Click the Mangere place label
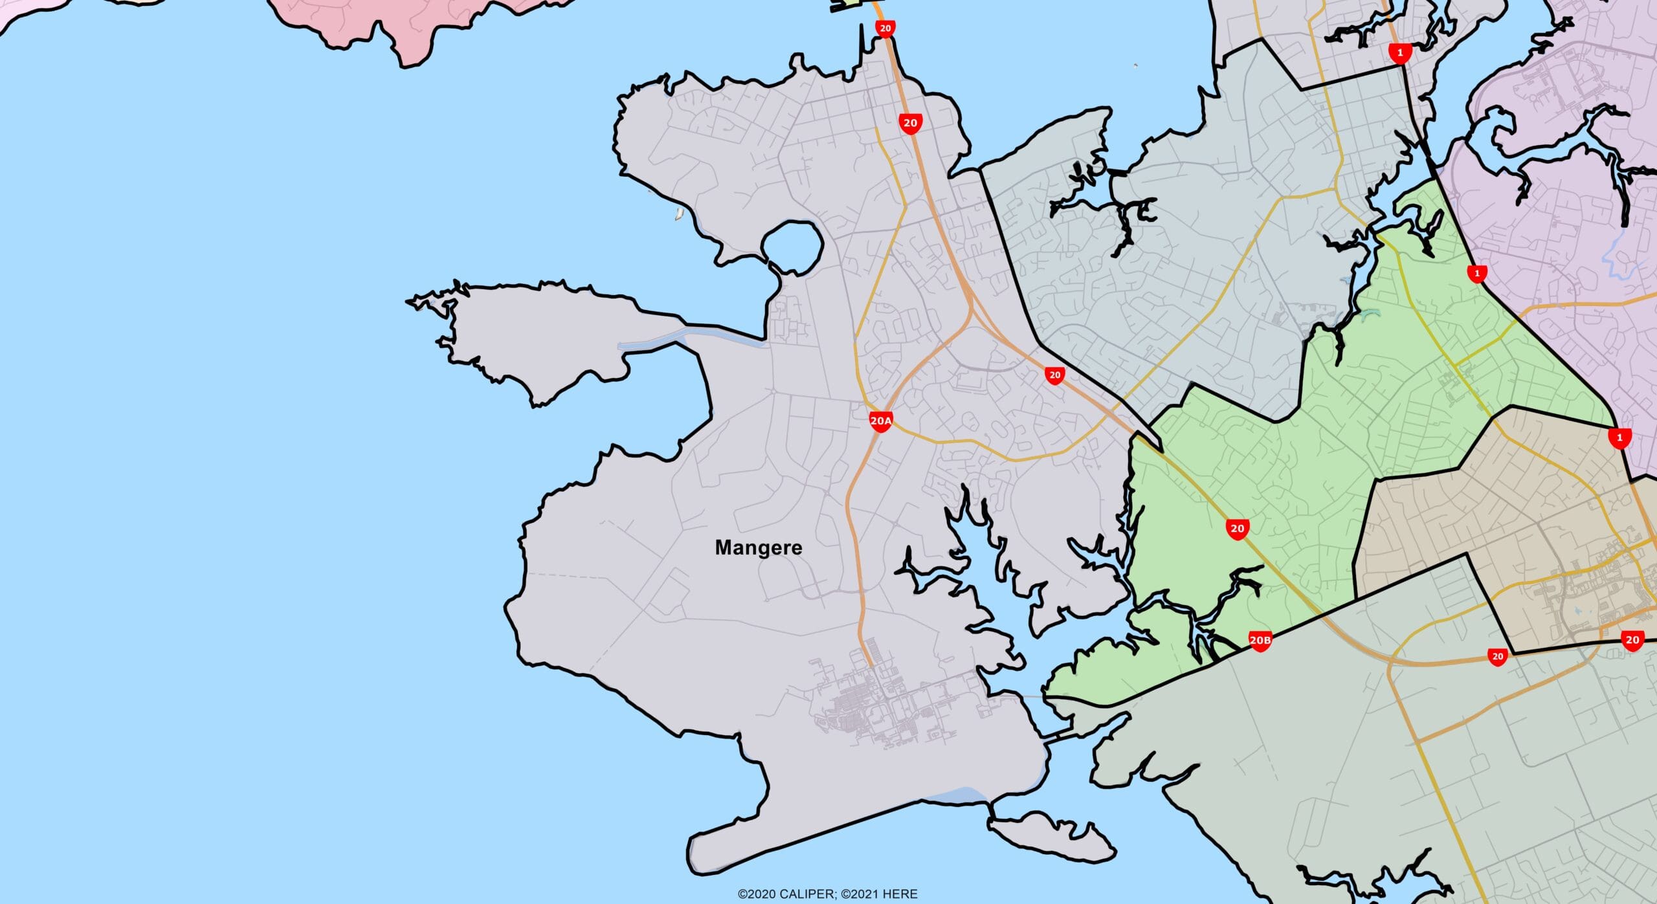pyautogui.click(x=758, y=547)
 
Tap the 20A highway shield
pyautogui.click(x=880, y=421)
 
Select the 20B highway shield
pyautogui.click(x=1260, y=641)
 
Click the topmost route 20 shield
pyautogui.click(x=885, y=28)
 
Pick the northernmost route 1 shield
pyautogui.click(x=1400, y=53)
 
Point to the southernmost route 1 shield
pyautogui.click(x=1619, y=438)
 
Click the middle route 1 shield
pyautogui.click(x=1476, y=274)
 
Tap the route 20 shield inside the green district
pyautogui.click(x=1237, y=529)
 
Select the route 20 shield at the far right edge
pyautogui.click(x=1632, y=640)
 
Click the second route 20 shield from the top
pyautogui.click(x=910, y=123)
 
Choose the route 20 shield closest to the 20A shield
pyautogui.click(x=1054, y=375)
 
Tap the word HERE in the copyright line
pyautogui.click(x=900, y=894)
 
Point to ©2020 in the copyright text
pyautogui.click(x=757, y=894)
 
